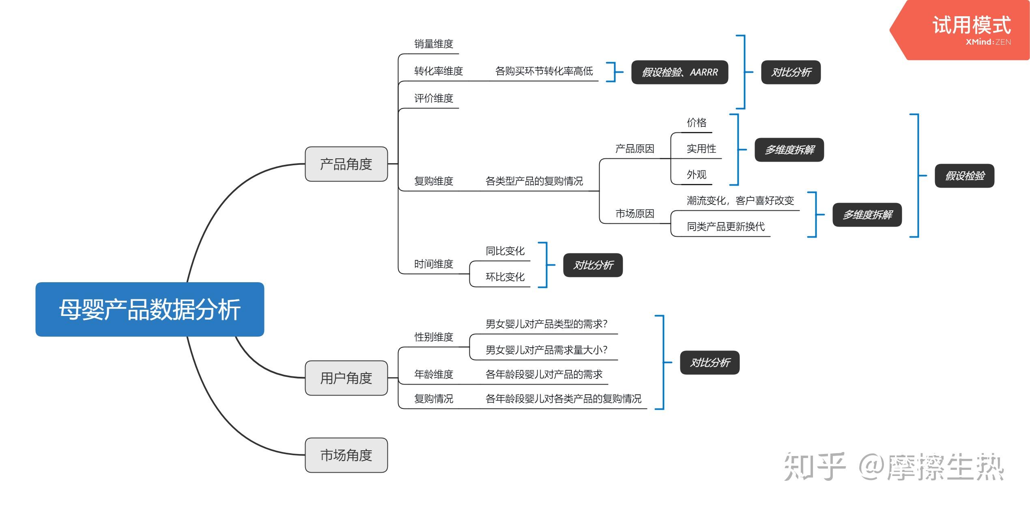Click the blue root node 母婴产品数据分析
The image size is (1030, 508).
click(150, 309)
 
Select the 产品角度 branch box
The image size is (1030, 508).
click(346, 164)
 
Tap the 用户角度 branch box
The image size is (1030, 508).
click(346, 378)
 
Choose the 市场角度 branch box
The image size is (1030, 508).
click(346, 455)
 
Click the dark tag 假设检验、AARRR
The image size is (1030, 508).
click(679, 72)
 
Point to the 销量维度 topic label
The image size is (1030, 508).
click(433, 44)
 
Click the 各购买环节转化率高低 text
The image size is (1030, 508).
click(544, 71)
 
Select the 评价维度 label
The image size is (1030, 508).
click(433, 98)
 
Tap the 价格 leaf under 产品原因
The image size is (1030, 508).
click(696, 123)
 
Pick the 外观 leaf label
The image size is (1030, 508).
click(696, 175)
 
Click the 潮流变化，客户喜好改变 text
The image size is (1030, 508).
click(740, 201)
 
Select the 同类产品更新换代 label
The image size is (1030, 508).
click(725, 227)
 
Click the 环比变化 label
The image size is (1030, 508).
click(505, 277)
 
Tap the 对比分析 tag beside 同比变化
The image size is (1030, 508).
click(593, 265)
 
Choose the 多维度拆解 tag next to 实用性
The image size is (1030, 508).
click(789, 150)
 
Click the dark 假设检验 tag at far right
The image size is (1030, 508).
click(964, 176)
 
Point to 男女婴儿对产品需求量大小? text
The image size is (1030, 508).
click(546, 350)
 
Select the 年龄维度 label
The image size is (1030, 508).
click(433, 374)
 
